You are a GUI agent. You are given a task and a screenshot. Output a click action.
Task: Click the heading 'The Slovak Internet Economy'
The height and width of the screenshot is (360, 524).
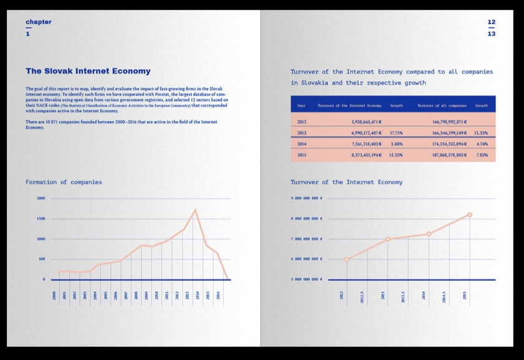click(x=88, y=72)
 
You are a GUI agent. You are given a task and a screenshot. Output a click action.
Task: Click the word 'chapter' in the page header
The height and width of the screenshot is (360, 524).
click(x=39, y=22)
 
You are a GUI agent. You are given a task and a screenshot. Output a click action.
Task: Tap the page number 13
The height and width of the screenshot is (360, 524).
click(x=492, y=34)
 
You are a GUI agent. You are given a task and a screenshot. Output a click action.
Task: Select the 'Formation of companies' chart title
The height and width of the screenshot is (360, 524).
click(x=64, y=182)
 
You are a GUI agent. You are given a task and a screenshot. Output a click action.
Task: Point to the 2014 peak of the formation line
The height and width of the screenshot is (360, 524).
click(x=195, y=210)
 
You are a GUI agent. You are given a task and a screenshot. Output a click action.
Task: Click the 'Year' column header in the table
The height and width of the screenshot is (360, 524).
click(x=301, y=106)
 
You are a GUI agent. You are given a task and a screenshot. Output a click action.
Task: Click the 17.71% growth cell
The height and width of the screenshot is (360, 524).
click(x=396, y=133)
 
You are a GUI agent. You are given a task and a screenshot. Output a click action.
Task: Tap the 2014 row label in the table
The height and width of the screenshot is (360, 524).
click(x=302, y=144)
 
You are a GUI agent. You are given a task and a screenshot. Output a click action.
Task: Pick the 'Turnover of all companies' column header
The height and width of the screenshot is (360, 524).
click(x=442, y=106)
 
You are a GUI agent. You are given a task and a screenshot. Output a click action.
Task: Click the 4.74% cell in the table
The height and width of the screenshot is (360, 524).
click(x=481, y=144)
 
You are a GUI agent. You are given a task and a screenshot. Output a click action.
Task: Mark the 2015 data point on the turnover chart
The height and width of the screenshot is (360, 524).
click(x=469, y=215)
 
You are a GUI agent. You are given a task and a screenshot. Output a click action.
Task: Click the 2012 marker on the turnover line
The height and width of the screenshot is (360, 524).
click(x=346, y=259)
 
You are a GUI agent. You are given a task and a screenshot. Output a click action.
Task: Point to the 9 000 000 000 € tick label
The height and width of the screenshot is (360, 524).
click(x=307, y=198)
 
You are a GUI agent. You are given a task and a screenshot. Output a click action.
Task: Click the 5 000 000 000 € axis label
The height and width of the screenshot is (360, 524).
click(x=307, y=280)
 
